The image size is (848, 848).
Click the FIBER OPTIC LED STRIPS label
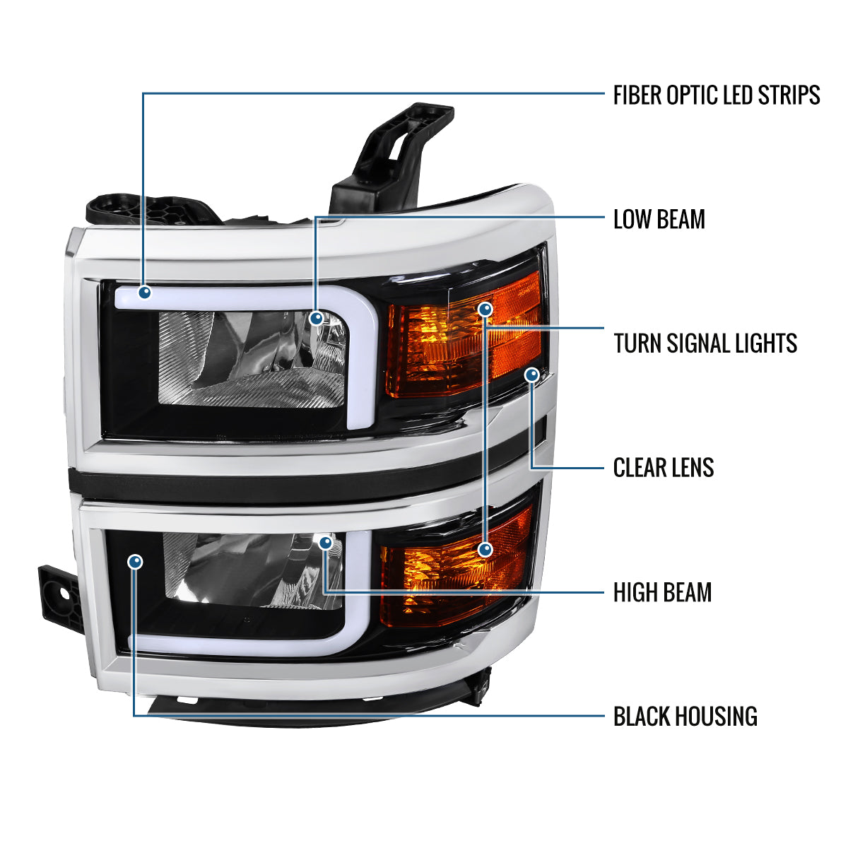point(717,95)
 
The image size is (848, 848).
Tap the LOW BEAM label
point(659,219)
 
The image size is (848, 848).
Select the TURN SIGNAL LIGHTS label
point(705,343)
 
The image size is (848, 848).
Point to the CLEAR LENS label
point(664,467)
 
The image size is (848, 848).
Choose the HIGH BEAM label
point(662,592)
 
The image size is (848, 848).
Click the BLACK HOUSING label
point(685,716)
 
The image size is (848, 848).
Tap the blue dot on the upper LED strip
point(144,292)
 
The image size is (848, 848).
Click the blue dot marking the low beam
point(317,318)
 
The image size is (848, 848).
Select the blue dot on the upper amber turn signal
point(485,310)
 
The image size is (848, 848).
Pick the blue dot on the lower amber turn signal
point(485,549)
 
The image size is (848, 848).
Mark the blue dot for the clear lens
point(532,375)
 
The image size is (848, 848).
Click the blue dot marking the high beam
point(326,543)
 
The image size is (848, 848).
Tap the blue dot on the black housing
point(135,562)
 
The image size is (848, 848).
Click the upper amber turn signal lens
point(464,336)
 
